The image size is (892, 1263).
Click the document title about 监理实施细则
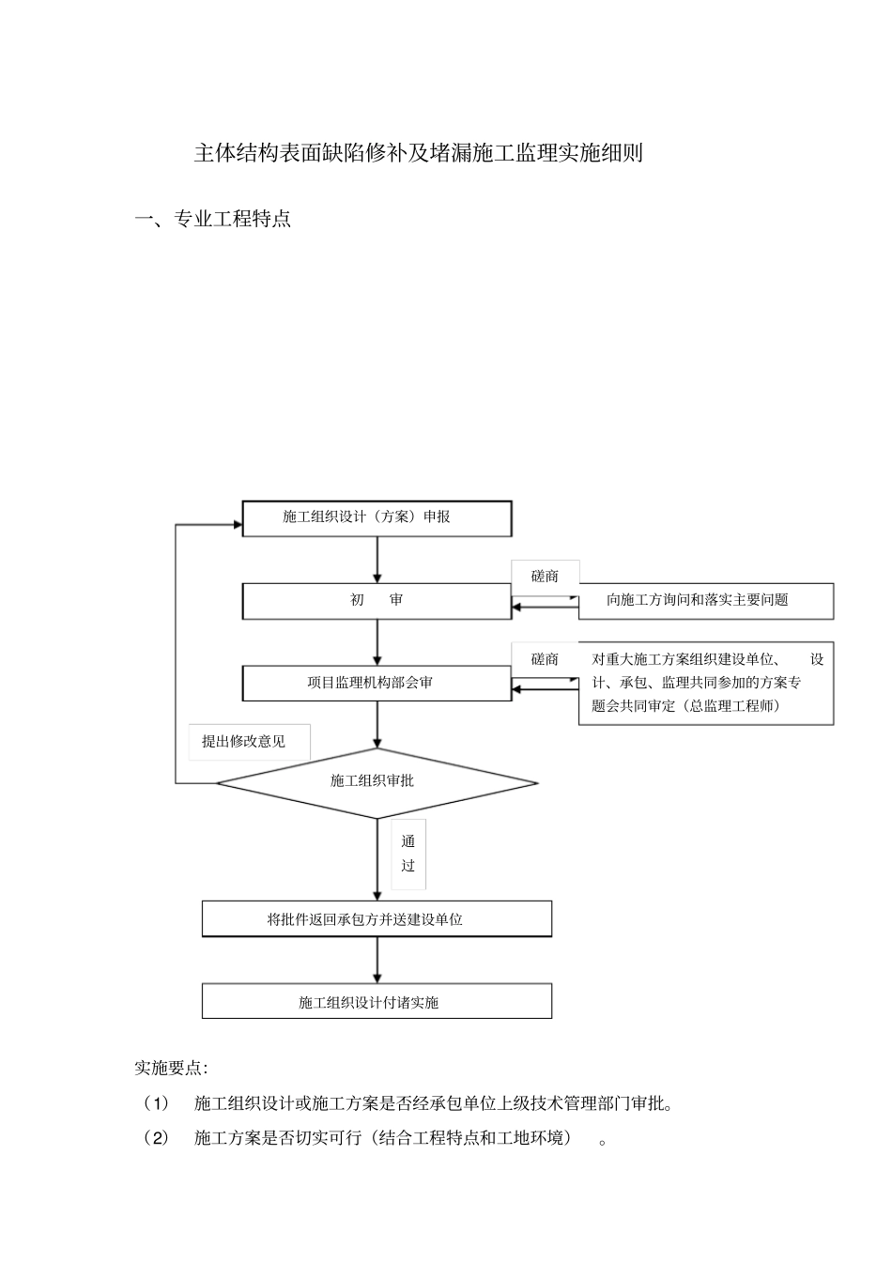click(x=418, y=153)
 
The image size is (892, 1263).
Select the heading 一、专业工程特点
click(x=213, y=220)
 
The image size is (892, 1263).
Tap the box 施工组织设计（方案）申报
click(x=377, y=517)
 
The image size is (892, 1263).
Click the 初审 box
click(x=377, y=600)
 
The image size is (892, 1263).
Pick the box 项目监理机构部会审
click(x=377, y=683)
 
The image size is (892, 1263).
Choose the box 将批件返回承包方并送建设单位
click(x=377, y=919)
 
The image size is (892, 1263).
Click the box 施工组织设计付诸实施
click(x=377, y=1002)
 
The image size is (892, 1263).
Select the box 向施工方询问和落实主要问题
click(x=705, y=600)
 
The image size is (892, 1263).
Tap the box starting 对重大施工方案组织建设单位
click(x=705, y=683)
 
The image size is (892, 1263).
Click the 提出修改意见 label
click(x=244, y=741)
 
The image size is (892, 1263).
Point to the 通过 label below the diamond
click(x=408, y=854)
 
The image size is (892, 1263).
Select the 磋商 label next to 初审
click(x=545, y=577)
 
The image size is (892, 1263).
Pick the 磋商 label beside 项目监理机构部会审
click(x=545, y=659)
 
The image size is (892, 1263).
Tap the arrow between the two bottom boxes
click(x=377, y=960)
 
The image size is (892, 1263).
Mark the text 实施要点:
click(x=171, y=1068)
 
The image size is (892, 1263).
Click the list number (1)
click(x=155, y=1103)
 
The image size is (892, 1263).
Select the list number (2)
click(x=155, y=1138)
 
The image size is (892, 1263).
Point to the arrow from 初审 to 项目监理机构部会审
click(x=377, y=642)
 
